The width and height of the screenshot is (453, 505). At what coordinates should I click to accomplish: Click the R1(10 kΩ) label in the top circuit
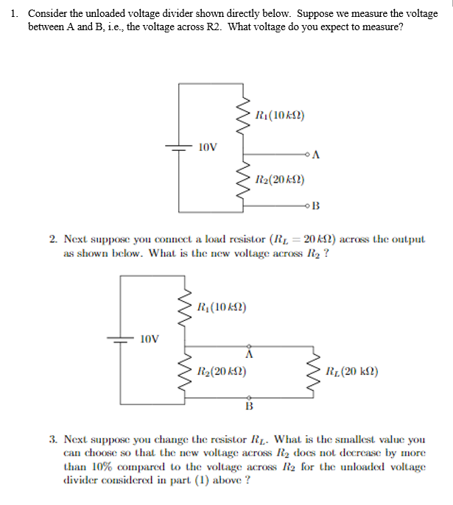[279, 116]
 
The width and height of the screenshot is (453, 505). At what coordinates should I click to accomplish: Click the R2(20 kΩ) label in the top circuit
[279, 179]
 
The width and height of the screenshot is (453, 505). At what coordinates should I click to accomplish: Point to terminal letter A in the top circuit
[316, 155]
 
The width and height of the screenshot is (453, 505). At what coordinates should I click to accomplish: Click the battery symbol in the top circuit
[178, 146]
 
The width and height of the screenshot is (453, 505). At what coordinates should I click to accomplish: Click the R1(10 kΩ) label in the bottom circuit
[222, 306]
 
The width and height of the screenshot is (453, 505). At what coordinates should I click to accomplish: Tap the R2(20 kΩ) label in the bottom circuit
[222, 371]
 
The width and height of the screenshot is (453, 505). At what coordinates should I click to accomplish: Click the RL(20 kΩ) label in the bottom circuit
[352, 371]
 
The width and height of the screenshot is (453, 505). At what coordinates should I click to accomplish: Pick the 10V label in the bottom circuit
[149, 339]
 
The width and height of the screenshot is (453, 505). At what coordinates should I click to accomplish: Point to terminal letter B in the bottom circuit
[248, 406]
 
